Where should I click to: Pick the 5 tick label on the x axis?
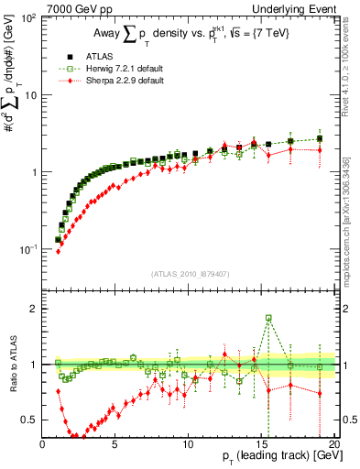[x=115, y=443]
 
